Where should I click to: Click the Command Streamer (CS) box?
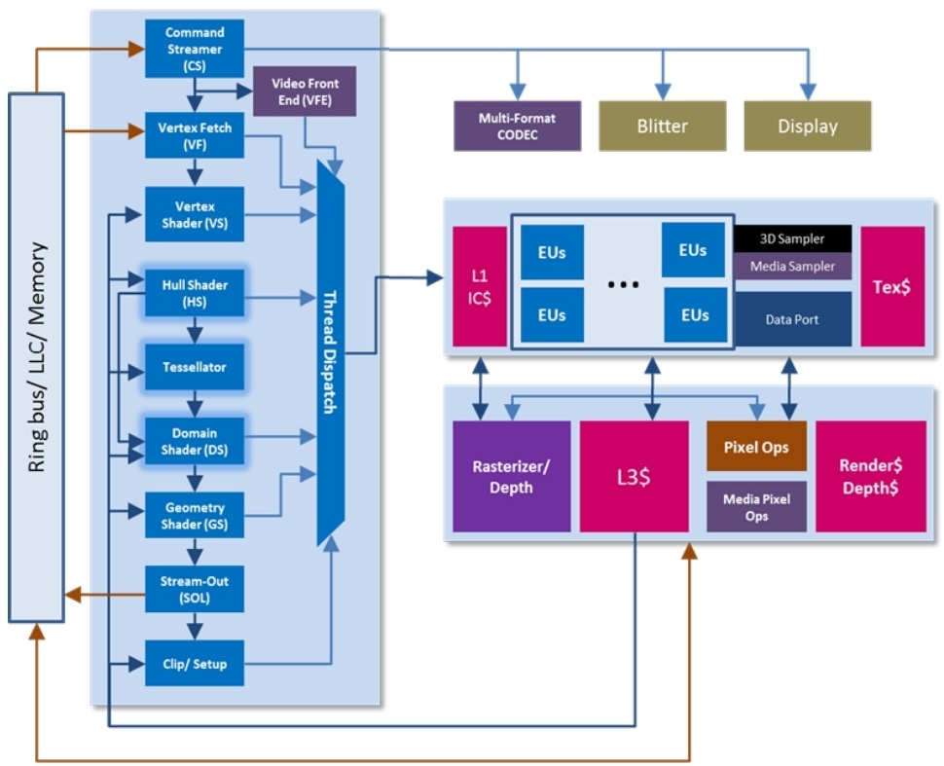click(194, 49)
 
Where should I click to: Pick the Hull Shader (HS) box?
click(194, 293)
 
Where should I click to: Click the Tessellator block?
click(194, 367)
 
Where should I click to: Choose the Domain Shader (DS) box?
click(194, 441)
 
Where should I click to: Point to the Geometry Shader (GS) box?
click(194, 516)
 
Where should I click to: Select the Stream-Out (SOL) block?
click(194, 590)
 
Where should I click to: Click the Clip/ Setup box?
click(194, 664)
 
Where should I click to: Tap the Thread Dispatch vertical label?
click(330, 351)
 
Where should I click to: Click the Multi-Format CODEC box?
click(517, 127)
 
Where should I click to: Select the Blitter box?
click(662, 127)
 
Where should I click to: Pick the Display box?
click(807, 127)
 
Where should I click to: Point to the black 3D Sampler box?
click(792, 238)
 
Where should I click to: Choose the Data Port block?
click(792, 319)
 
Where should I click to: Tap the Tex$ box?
click(892, 286)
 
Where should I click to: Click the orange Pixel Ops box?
click(756, 447)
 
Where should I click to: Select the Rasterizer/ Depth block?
click(512, 477)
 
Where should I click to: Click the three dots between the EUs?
click(623, 285)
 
